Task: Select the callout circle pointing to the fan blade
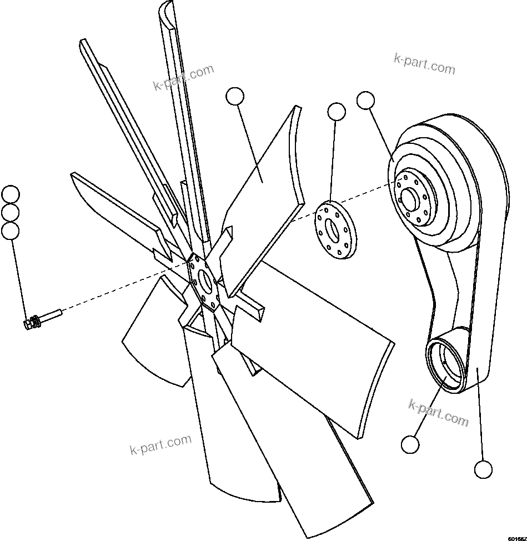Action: coord(235,97)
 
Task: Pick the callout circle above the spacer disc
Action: coord(337,112)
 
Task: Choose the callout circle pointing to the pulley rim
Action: coord(365,101)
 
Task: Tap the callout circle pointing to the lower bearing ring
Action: coord(410,444)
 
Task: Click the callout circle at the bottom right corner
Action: coord(484,469)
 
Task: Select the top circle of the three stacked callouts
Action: coord(11,195)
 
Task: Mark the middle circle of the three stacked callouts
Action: coord(11,213)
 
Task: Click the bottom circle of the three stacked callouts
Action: coord(11,231)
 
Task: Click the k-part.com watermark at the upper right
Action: coord(424,64)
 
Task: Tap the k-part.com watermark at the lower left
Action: coord(160,444)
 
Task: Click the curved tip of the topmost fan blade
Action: coord(167,10)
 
